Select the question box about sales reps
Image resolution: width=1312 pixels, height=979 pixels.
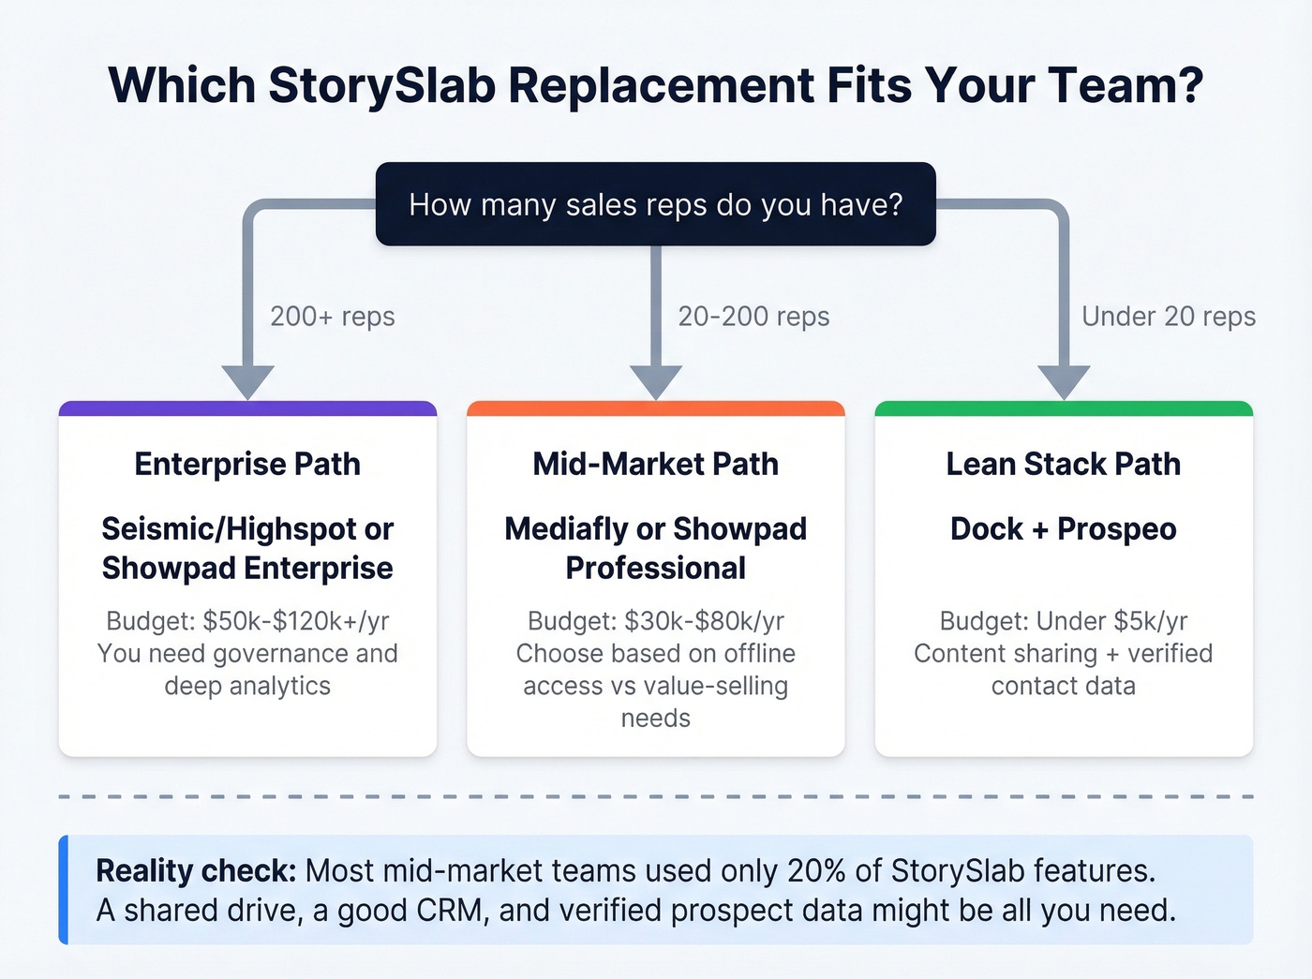655,204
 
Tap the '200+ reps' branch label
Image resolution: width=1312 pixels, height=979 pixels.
332,317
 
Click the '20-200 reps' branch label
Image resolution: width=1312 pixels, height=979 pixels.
753,317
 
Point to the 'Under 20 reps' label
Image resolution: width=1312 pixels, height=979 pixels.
1168,317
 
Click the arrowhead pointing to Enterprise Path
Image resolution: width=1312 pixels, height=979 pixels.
247,382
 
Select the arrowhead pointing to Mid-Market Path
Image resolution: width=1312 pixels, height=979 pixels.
655,382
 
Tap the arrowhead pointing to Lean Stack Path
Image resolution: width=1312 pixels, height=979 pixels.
1064,382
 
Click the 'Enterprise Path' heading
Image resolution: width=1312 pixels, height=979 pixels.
247,464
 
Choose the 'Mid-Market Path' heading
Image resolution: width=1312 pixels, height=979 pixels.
655,464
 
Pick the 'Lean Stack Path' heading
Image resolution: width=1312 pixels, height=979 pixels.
1064,464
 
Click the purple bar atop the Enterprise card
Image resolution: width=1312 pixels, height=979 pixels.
247,408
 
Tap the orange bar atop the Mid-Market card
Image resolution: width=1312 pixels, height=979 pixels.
655,408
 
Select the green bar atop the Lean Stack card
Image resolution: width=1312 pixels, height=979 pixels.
1064,408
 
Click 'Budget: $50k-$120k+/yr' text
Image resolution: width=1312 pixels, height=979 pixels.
247,621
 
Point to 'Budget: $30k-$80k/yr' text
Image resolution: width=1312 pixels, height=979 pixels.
655,621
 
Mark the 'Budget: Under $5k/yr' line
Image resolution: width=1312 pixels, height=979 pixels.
1064,621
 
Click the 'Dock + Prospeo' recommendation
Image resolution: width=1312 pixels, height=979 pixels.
1064,529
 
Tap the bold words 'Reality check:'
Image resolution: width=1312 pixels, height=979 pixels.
196,871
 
